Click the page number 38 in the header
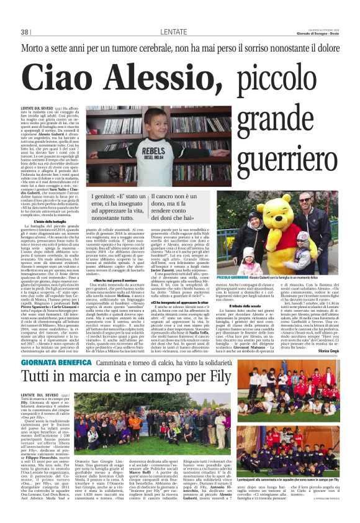click(x=25, y=32)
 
